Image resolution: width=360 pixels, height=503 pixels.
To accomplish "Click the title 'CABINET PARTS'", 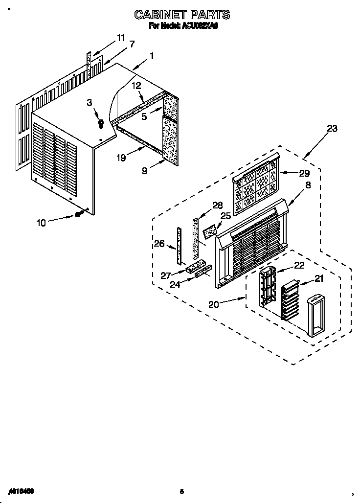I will [182, 15].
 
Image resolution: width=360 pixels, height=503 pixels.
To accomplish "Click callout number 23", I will [332, 129].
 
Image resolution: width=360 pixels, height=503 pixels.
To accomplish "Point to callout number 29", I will [304, 173].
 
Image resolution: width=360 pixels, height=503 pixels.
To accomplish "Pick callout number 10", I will [41, 223].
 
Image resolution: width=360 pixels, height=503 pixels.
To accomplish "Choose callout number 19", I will [121, 158].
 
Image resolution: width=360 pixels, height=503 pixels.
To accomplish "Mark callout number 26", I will [159, 243].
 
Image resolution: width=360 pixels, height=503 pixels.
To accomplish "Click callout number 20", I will [214, 304].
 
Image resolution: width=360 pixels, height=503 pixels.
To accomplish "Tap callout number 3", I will [90, 102].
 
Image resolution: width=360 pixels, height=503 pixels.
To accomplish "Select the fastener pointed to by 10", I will [78, 214].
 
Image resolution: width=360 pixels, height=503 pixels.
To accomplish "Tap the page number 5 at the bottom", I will [181, 491].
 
